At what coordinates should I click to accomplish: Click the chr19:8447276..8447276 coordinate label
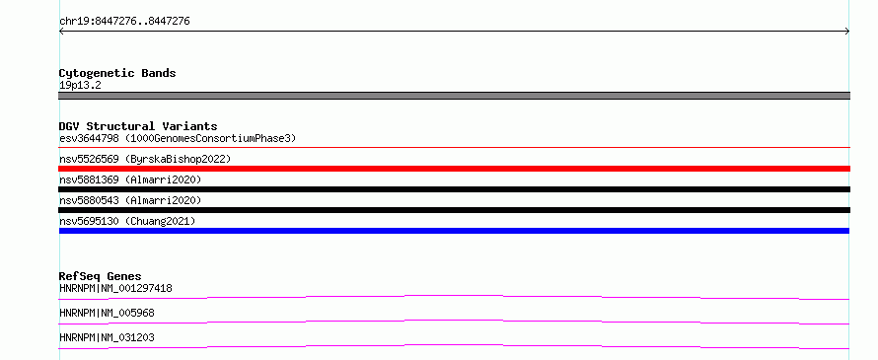tap(124, 22)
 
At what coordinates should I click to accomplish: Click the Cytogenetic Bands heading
tap(117, 73)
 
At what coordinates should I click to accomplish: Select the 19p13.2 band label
tap(80, 86)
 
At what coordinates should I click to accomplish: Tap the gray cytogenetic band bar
tap(454, 96)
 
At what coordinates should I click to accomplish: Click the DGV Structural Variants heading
tap(138, 126)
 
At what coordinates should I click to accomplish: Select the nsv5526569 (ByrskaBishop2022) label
tap(145, 159)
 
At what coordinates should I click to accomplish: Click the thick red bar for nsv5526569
tap(454, 169)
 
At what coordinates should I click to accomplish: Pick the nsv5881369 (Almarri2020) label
tap(130, 180)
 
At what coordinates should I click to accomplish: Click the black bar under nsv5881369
tap(454, 189)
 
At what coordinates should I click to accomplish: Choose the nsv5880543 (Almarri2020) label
tap(130, 200)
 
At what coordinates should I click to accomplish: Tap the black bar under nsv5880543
tap(454, 210)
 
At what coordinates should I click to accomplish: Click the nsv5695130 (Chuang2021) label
tap(127, 221)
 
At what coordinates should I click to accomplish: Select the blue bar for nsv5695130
tap(454, 231)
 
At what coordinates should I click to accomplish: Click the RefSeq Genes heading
tap(101, 276)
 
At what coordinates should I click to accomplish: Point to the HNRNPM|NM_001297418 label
tap(115, 289)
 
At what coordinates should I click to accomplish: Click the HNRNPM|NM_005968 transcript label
tap(107, 313)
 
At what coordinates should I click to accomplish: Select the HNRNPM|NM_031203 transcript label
tap(107, 337)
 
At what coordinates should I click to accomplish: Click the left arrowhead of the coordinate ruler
tap(60, 32)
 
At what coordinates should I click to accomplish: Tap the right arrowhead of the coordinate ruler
tap(848, 32)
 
